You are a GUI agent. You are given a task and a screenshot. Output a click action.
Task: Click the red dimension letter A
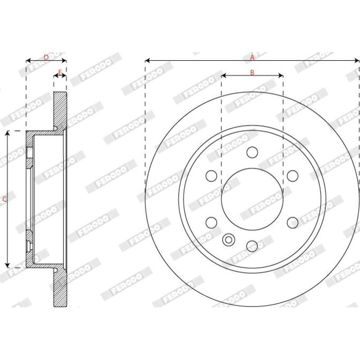pos(252,58)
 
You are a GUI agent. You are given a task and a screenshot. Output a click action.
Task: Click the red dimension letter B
pos(252,72)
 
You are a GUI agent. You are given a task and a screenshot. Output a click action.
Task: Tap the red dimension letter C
pos(4,199)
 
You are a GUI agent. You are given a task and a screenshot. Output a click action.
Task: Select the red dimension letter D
pos(46,58)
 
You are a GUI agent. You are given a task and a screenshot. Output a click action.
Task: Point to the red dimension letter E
pos(60,72)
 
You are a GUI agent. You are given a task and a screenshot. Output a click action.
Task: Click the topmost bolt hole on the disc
pos(252,152)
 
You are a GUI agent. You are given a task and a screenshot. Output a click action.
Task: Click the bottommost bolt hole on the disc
pos(252,246)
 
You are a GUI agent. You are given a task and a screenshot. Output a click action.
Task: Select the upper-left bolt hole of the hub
pos(211,176)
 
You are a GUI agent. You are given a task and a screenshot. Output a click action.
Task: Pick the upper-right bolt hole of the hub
pos(293,176)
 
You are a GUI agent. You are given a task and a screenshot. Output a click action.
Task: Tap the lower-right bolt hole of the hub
pos(293,223)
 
